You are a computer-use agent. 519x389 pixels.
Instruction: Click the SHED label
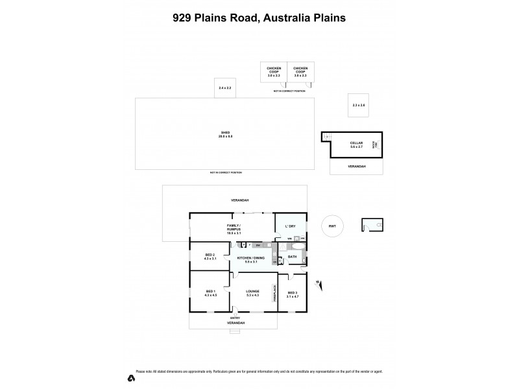click(x=225, y=133)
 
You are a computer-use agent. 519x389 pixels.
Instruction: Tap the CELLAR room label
click(x=356, y=143)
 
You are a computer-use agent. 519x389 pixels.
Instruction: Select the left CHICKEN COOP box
click(x=273, y=72)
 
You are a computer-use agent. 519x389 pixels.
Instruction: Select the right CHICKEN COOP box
click(x=300, y=72)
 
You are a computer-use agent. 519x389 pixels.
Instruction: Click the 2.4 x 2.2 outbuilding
click(x=225, y=88)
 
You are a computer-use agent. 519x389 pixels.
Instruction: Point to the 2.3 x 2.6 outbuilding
click(x=359, y=104)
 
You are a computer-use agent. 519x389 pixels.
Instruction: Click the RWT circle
click(x=333, y=226)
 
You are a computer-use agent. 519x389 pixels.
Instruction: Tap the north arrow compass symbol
click(x=317, y=283)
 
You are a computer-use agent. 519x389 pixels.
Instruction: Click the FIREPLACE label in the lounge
click(x=274, y=294)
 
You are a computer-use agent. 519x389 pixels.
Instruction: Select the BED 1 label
click(x=209, y=292)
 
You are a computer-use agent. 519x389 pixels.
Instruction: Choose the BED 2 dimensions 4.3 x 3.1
click(x=209, y=259)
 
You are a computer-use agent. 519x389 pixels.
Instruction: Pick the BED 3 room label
click(x=293, y=292)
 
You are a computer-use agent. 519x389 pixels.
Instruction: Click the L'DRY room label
click(x=291, y=226)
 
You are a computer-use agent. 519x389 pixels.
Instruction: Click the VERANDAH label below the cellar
click(x=356, y=167)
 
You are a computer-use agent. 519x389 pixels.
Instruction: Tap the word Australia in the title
click(x=283, y=18)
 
